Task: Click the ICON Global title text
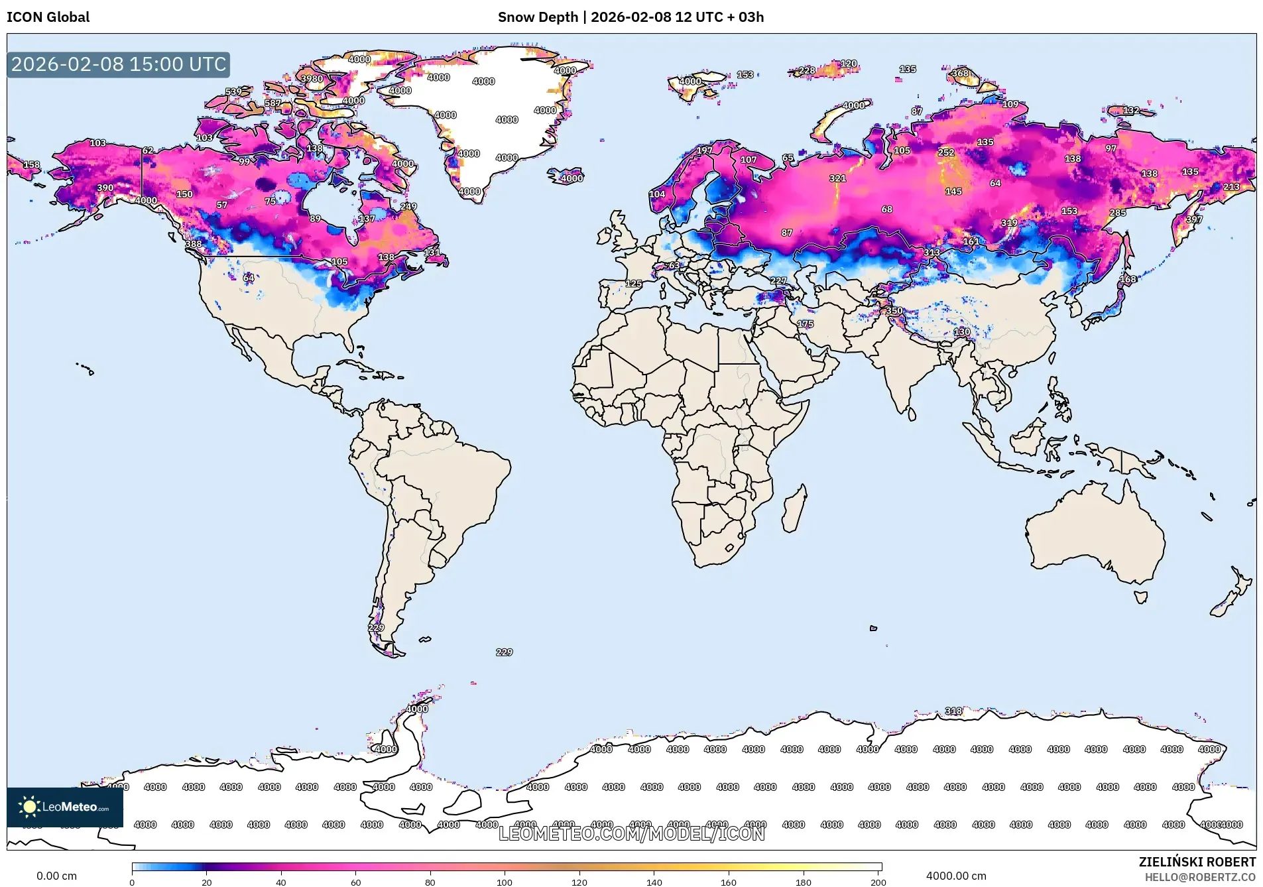(x=48, y=17)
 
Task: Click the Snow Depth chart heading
(x=631, y=17)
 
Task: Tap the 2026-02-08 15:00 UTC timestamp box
(x=119, y=64)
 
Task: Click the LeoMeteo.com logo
(x=65, y=807)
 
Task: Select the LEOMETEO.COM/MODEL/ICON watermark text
(x=631, y=833)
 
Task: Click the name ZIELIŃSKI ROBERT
(x=1197, y=862)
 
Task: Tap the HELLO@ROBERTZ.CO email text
(x=1200, y=877)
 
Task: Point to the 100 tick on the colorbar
(x=505, y=882)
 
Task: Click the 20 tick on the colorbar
(x=207, y=882)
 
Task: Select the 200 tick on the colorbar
(x=878, y=882)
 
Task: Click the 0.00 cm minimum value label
(x=56, y=876)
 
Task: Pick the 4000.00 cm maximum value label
(x=956, y=876)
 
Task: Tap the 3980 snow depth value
(x=312, y=78)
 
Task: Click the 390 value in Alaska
(x=105, y=188)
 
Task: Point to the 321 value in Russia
(x=837, y=178)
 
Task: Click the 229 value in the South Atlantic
(x=504, y=652)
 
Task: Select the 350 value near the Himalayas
(x=894, y=310)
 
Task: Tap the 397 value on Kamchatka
(x=1193, y=219)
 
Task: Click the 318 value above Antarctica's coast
(x=953, y=711)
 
